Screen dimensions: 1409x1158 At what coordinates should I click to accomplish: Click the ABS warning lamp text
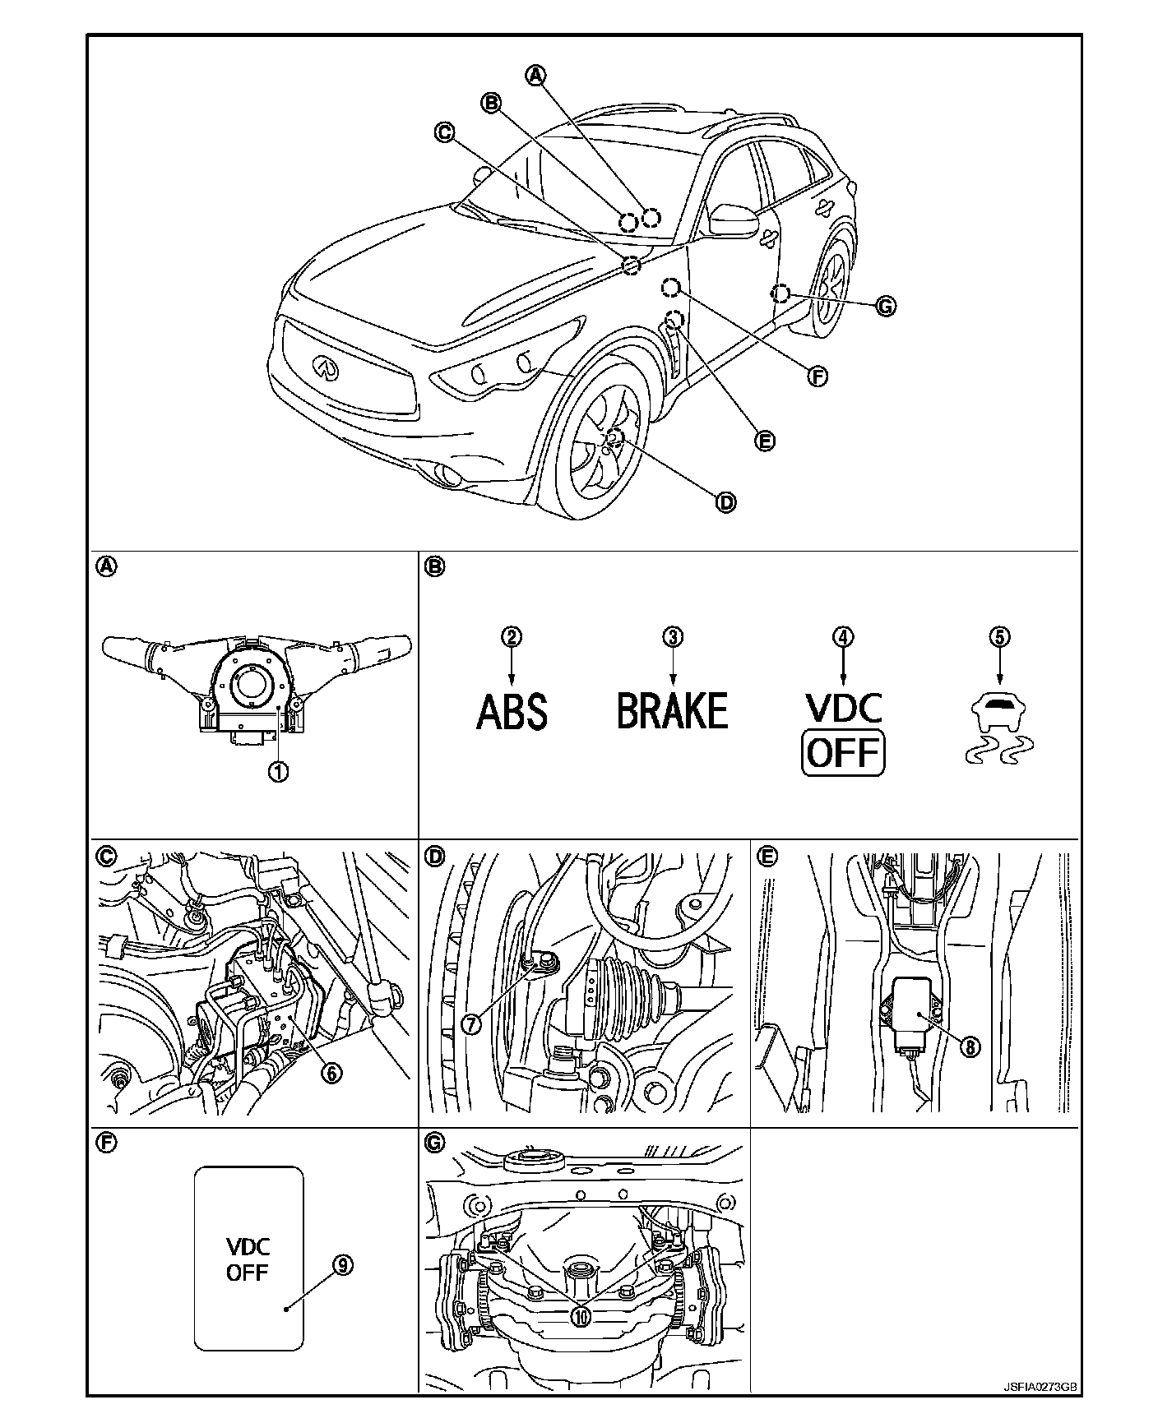(512, 711)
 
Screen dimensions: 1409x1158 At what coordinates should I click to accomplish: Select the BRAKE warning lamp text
(673, 711)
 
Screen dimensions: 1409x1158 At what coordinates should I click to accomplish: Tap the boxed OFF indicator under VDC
(843, 752)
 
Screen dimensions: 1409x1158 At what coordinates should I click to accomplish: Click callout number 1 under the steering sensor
(279, 772)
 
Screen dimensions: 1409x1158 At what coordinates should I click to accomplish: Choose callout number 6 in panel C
(333, 1072)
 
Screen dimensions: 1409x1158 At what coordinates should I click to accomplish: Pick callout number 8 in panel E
(970, 1046)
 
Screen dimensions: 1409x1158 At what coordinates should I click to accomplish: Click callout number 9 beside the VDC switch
(344, 1265)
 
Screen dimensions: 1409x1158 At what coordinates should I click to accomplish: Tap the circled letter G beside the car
(885, 307)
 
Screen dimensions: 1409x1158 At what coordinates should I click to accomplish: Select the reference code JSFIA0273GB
(1039, 1386)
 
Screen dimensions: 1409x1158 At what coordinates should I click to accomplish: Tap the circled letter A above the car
(535, 75)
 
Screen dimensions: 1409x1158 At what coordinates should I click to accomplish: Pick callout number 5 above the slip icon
(999, 636)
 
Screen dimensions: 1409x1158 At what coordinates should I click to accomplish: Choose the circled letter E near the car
(765, 441)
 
